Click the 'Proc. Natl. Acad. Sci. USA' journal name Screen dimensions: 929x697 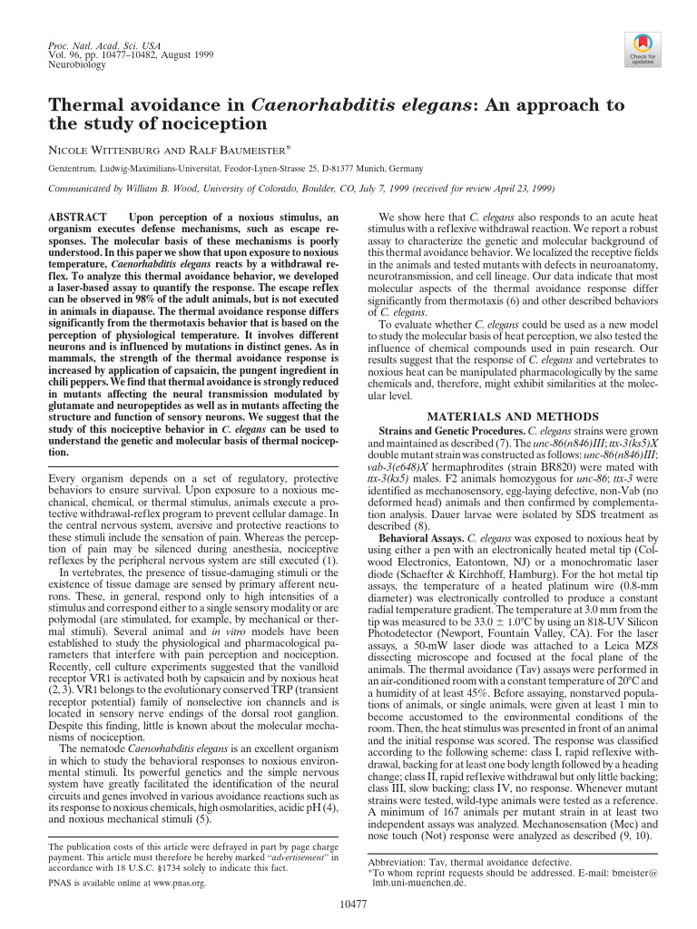98,44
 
